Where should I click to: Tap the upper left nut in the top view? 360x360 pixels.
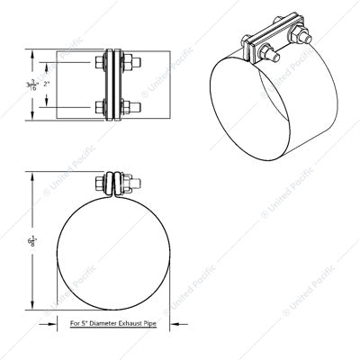point(99,65)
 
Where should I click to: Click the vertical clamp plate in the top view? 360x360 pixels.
point(115,86)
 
